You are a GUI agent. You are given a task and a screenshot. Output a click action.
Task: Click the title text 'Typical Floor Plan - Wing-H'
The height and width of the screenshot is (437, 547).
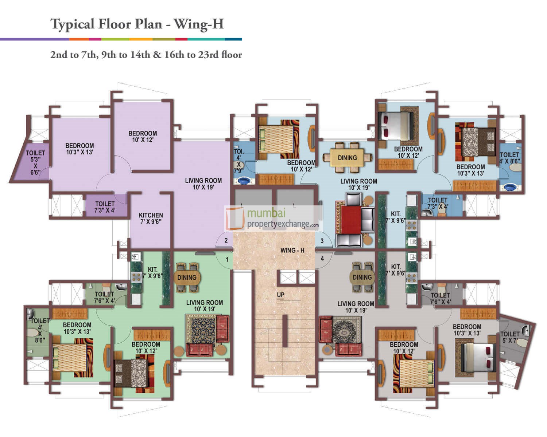tap(137, 24)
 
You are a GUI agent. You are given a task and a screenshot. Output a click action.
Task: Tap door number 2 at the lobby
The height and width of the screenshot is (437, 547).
tap(226, 240)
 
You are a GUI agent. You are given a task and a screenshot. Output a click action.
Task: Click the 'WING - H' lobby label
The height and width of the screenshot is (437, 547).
tap(292, 251)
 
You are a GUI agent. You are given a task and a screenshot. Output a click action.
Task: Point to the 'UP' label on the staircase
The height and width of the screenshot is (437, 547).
tap(280, 295)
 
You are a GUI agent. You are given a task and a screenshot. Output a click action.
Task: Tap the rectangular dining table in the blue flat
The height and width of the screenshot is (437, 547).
tap(347, 158)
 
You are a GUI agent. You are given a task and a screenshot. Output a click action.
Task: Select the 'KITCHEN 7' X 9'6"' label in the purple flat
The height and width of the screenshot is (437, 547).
tap(151, 218)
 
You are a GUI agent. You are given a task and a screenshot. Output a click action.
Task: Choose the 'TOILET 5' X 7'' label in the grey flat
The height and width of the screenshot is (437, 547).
tap(510, 337)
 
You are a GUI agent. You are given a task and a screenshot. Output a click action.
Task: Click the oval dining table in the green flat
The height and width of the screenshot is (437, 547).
tap(187, 277)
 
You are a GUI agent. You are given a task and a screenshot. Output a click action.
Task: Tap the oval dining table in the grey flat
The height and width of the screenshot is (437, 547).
tap(362, 277)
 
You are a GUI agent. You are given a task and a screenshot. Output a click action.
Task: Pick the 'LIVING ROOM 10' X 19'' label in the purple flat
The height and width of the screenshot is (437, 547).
tap(203, 184)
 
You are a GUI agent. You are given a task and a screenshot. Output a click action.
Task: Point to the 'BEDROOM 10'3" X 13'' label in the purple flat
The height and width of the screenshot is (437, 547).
tap(79, 149)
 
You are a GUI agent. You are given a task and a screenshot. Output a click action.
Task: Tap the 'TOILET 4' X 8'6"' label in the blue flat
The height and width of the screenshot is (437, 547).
tap(509, 157)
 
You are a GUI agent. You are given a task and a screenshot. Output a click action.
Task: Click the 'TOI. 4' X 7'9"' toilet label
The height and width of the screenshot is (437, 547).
tap(238, 161)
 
